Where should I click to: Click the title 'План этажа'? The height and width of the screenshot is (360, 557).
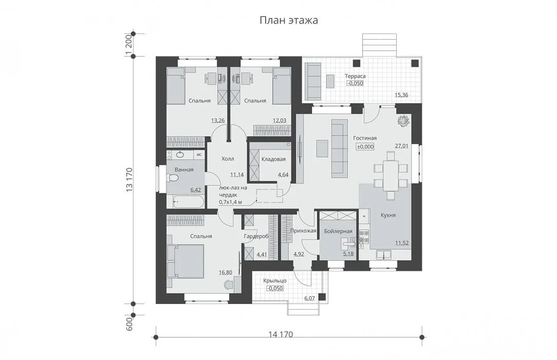(x=288, y=20)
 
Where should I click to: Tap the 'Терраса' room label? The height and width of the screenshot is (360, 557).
(x=355, y=76)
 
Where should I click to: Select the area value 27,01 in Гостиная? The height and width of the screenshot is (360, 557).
(x=401, y=146)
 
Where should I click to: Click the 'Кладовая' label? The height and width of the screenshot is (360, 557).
(x=273, y=159)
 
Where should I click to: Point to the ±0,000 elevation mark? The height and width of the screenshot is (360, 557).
(x=365, y=147)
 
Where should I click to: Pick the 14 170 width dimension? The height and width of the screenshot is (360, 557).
(x=281, y=334)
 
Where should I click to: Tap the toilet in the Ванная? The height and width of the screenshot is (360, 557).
(x=174, y=180)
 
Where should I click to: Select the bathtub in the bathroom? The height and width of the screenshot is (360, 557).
(x=186, y=202)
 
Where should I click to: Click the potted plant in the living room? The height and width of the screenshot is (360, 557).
(x=403, y=120)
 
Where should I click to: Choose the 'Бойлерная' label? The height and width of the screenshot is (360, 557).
(x=338, y=231)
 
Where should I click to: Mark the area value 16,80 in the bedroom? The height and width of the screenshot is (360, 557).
(x=225, y=273)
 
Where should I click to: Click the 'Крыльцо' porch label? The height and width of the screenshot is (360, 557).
(x=274, y=281)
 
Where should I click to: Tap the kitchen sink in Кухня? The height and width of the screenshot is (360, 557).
(x=383, y=255)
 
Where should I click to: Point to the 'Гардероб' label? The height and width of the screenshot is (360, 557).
(x=256, y=237)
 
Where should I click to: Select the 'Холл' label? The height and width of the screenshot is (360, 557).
(x=228, y=159)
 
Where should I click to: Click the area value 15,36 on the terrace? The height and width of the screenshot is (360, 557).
(x=401, y=95)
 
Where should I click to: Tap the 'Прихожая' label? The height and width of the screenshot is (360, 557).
(x=303, y=231)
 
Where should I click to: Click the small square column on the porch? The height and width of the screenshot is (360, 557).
(x=322, y=297)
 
